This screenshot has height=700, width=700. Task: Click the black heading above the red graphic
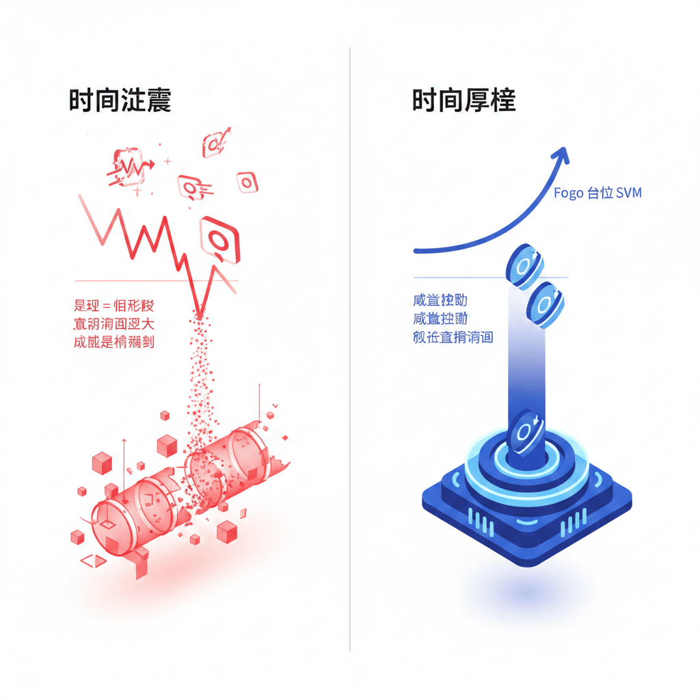coord(120,100)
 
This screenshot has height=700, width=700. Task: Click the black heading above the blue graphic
coord(463,100)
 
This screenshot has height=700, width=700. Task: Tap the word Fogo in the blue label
coord(567,193)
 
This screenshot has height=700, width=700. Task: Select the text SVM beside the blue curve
coord(628,193)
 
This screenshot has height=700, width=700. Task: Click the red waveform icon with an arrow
coord(129,166)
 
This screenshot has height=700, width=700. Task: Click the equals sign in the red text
coord(106,305)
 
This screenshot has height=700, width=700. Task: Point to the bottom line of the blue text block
coord(453,336)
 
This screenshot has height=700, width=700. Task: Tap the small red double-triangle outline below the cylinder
coord(94,561)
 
